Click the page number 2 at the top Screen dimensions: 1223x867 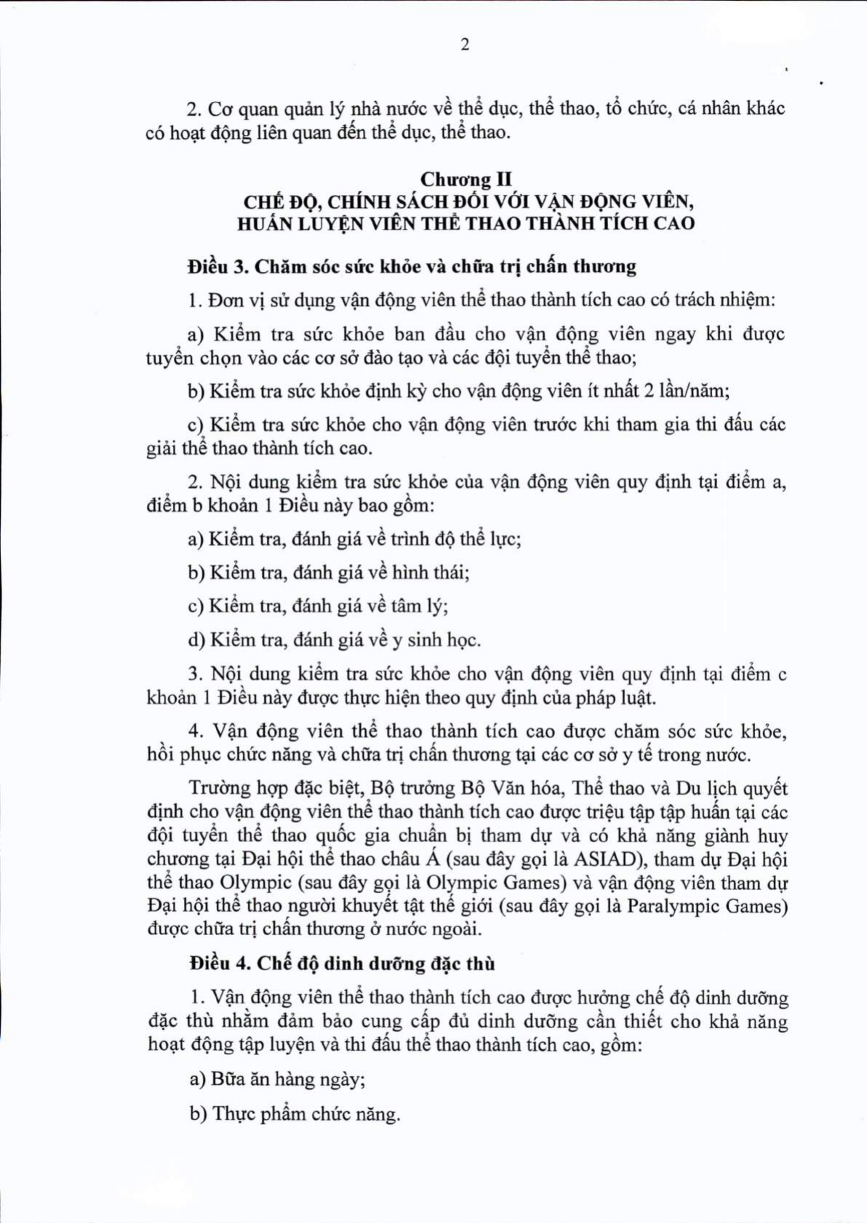coord(465,44)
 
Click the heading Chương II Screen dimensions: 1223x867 coord(466,179)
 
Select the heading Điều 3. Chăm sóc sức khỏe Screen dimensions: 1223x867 coord(411,267)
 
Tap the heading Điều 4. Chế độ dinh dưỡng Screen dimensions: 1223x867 coord(342,963)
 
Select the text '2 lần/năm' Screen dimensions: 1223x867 coord(685,391)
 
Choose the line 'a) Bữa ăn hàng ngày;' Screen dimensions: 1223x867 coord(277,1079)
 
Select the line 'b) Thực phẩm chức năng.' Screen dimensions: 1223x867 coord(295,1114)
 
